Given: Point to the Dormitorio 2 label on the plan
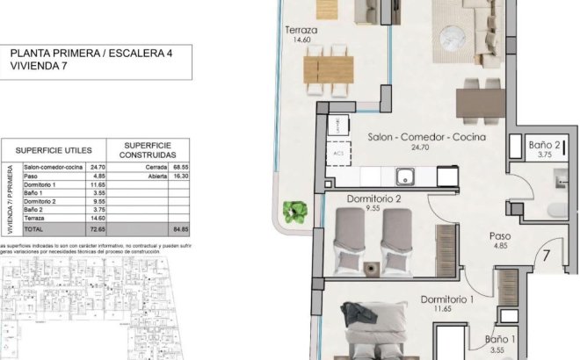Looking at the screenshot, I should pyautogui.click(x=373, y=199).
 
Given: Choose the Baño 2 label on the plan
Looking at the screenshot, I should pyautogui.click(x=546, y=145).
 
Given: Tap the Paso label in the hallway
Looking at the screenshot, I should pyautogui.click(x=502, y=236).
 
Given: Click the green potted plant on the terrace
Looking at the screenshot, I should pyautogui.click(x=296, y=211).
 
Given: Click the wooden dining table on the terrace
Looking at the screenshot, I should pyautogui.click(x=329, y=68).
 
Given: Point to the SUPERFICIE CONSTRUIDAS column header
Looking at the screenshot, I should pyautogui.click(x=148, y=149).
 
